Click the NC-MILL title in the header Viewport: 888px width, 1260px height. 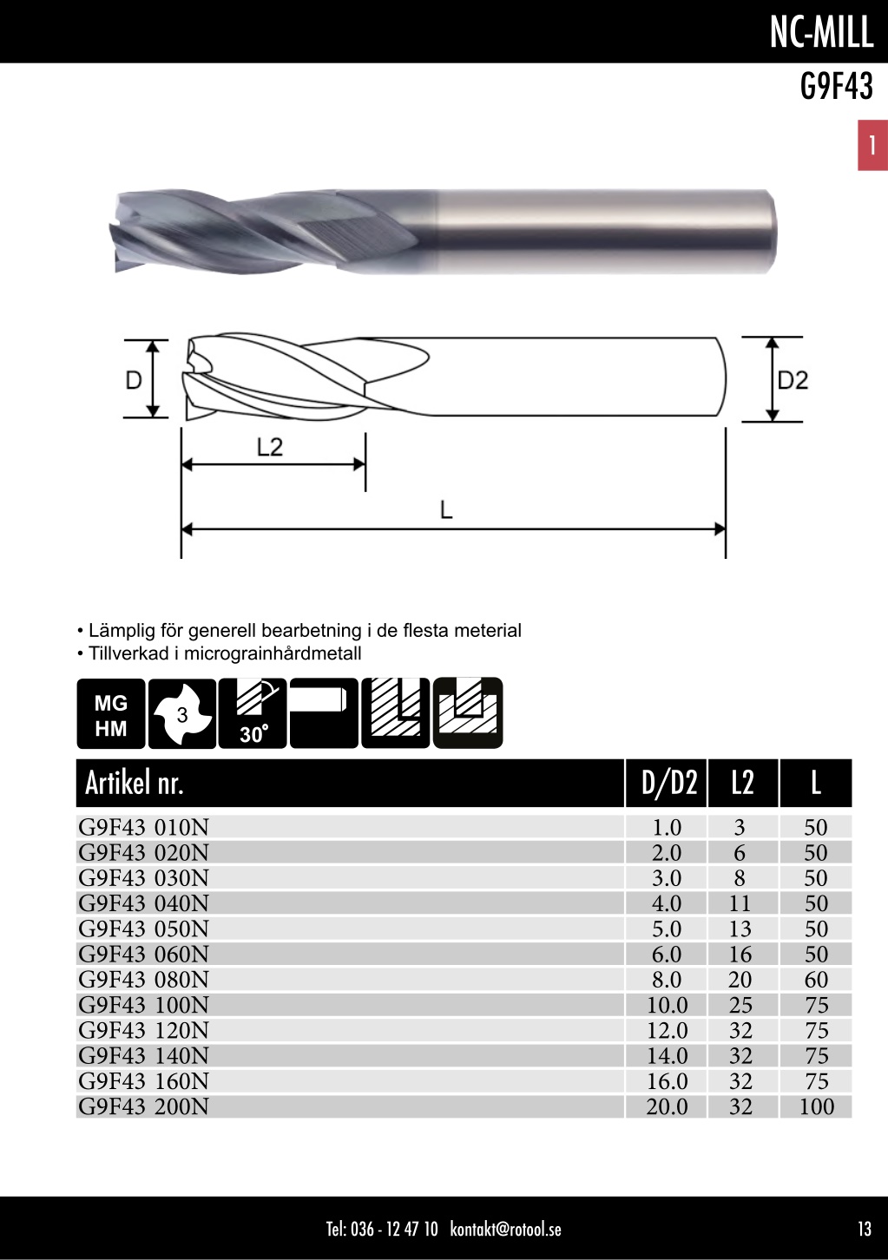pos(821,32)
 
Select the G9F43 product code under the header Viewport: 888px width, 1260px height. pos(836,86)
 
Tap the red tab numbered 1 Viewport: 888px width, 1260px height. pos(872,145)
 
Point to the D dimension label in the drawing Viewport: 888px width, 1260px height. pos(134,380)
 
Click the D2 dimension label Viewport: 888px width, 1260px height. pos(793,381)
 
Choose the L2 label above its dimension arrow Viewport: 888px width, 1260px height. pos(270,447)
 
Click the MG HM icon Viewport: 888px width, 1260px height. pos(111,713)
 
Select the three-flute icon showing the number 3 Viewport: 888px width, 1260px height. pos(181,713)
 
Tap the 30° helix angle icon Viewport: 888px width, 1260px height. pos(253,713)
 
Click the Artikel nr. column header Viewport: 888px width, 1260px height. pos(135,783)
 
